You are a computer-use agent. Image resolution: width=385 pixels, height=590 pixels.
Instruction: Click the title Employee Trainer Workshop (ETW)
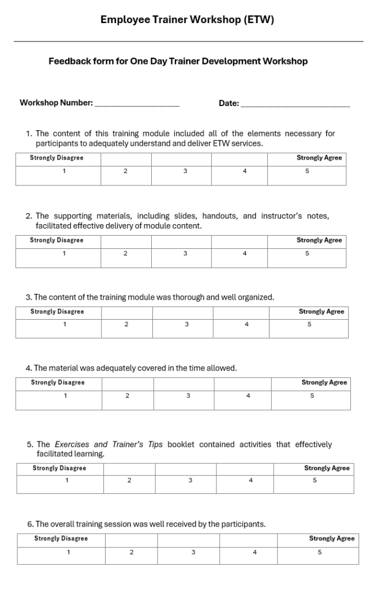click(187, 20)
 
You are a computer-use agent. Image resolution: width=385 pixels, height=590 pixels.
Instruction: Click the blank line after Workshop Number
click(137, 104)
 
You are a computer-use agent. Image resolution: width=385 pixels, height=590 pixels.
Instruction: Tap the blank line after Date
click(295, 104)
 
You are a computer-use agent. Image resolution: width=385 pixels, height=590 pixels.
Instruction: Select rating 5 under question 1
click(307, 171)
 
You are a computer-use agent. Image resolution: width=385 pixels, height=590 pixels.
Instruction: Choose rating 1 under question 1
click(64, 171)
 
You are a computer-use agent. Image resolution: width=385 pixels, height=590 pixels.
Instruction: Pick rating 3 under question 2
click(185, 254)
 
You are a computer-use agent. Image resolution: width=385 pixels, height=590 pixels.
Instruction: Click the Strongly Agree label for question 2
click(319, 240)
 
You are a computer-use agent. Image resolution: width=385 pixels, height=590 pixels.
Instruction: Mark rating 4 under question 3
click(246, 324)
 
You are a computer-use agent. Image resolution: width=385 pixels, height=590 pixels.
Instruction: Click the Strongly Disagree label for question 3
click(57, 312)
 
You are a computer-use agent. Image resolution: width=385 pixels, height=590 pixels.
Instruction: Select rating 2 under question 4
click(127, 396)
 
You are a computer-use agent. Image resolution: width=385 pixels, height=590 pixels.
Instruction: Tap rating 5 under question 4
click(312, 396)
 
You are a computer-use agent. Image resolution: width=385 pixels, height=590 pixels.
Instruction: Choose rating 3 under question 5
click(190, 481)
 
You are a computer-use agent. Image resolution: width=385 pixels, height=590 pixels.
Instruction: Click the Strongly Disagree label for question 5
click(59, 468)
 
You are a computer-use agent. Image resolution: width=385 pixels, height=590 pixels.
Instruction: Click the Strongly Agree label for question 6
click(332, 539)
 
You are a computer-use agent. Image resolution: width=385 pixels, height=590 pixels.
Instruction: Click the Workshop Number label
click(56, 103)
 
